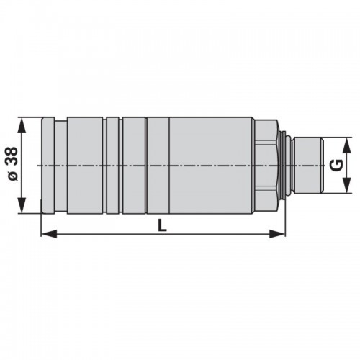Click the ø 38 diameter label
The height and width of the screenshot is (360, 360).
tap(13, 163)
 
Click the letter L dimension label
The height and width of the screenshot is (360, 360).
tap(163, 225)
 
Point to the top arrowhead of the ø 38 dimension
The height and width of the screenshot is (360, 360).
tap(22, 125)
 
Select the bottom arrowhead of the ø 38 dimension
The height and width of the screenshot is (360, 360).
tap(22, 205)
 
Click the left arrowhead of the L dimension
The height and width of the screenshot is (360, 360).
tap(49, 233)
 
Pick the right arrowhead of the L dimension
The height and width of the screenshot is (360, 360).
tap(277, 233)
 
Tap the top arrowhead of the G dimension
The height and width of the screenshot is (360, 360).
tap(346, 145)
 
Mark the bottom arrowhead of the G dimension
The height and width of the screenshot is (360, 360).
tap(346, 185)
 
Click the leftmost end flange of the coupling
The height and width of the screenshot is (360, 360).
tap(48, 166)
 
